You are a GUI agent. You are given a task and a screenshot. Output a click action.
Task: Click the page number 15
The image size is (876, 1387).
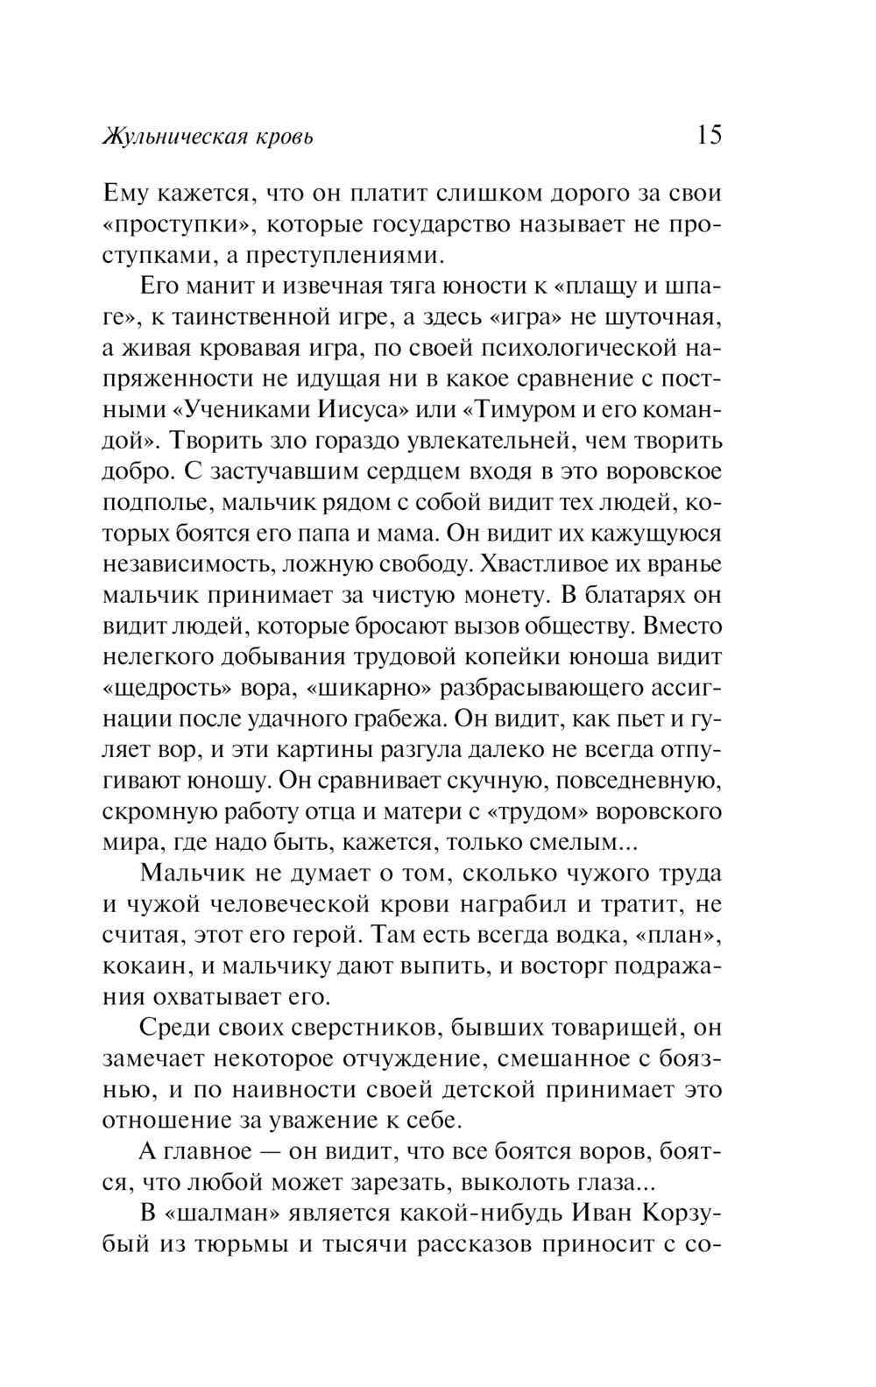pos(709,135)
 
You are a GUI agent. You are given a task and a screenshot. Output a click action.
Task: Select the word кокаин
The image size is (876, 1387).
pos(139,966)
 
